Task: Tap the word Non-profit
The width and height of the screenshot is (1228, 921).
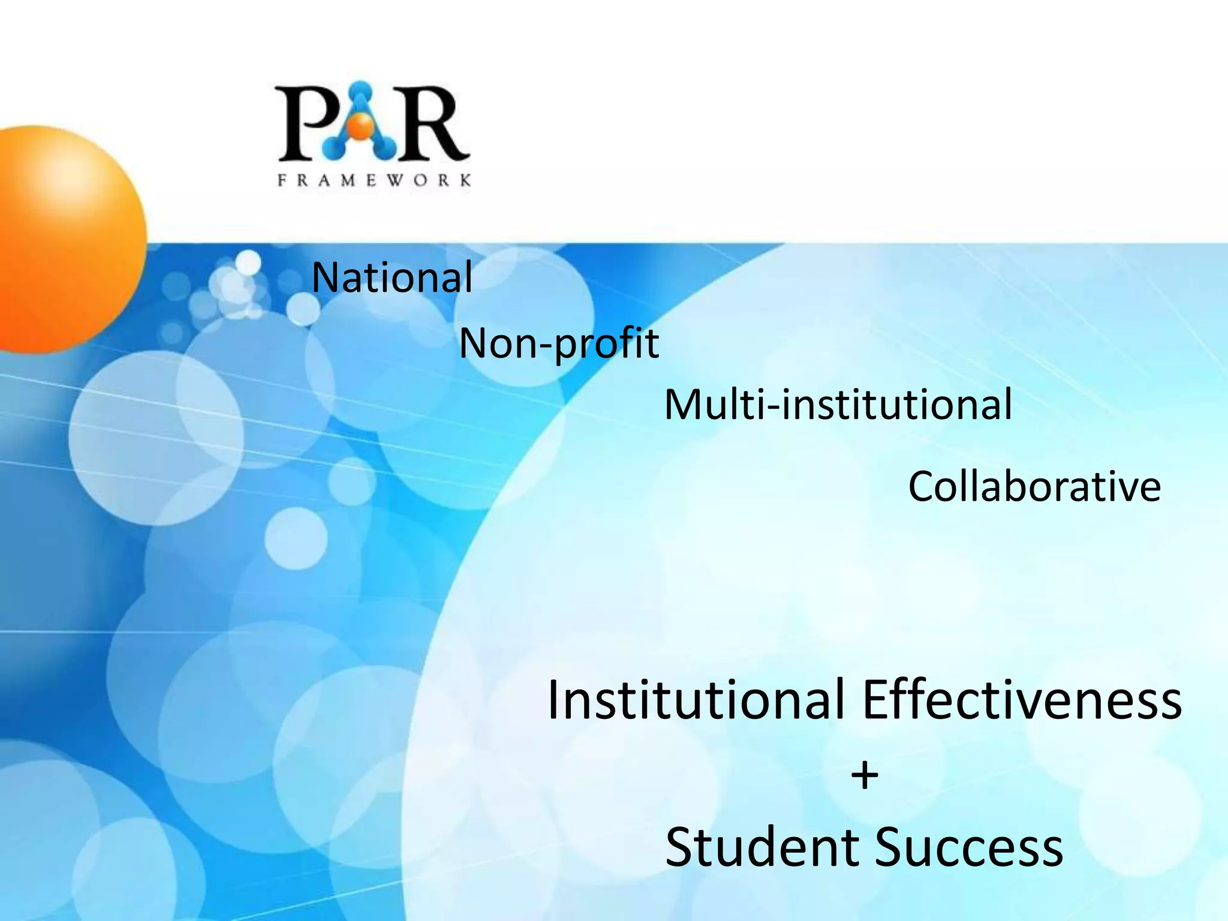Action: coord(559,344)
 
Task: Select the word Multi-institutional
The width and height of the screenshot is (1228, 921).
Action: coord(838,405)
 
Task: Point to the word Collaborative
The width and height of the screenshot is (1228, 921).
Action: coord(1034,486)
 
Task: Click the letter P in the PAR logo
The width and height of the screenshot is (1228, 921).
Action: coord(302,125)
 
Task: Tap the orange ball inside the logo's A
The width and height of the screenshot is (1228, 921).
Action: coord(361,125)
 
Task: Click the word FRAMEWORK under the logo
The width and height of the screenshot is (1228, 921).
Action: coord(374,180)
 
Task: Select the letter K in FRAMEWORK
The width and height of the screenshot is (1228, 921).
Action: coord(465,180)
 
